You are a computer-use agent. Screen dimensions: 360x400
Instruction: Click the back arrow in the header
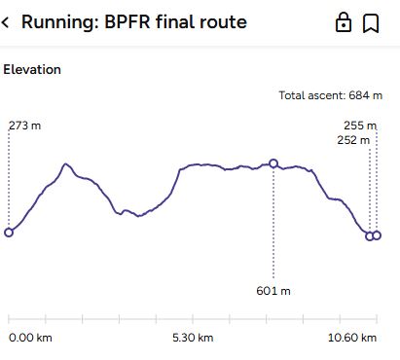tap(7, 22)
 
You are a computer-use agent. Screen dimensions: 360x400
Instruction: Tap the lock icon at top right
tap(344, 22)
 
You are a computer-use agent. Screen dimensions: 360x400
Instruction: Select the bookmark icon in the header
tap(371, 22)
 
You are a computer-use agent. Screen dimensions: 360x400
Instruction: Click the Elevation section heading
tap(32, 70)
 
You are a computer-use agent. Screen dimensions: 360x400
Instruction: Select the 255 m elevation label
tap(360, 126)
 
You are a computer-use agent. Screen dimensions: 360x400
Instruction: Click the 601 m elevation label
tap(274, 290)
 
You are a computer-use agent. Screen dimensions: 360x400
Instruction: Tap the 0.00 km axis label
tap(30, 338)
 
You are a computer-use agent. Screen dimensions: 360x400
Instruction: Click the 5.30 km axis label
tap(192, 338)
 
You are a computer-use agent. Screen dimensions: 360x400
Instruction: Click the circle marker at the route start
tap(9, 232)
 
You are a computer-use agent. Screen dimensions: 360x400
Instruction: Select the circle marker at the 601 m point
tap(273, 163)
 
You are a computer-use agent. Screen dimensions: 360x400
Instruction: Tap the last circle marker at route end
tap(377, 235)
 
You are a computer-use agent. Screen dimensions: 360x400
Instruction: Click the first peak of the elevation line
tap(65, 164)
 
